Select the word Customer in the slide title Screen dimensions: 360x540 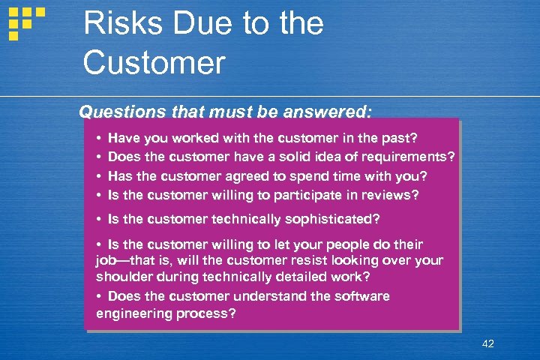(x=154, y=62)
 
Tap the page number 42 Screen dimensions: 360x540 (x=487, y=343)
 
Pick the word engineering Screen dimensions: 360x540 (x=133, y=313)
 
